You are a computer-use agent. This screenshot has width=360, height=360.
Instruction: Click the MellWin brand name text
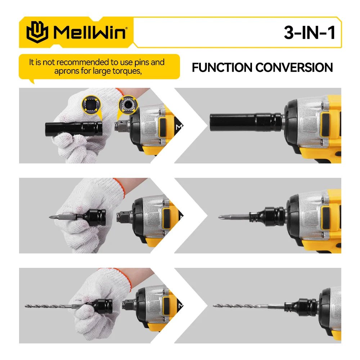90,32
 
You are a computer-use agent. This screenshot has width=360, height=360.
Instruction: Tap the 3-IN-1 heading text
310,33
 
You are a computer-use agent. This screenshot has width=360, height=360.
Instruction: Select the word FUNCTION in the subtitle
222,67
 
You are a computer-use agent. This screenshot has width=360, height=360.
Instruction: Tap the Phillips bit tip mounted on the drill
221,217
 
